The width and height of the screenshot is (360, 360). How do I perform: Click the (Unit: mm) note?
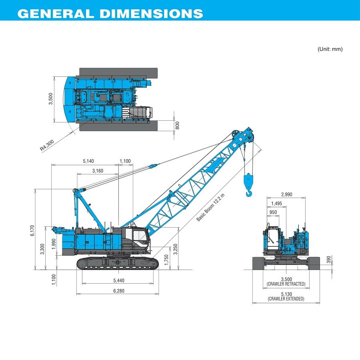(330, 49)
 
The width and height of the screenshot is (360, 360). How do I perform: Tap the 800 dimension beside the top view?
(178, 125)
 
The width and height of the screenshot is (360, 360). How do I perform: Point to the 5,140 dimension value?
(88, 161)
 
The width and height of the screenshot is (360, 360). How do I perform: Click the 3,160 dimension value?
(98, 171)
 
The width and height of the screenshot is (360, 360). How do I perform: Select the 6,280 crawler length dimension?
(118, 291)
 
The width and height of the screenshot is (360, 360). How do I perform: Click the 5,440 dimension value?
(118, 280)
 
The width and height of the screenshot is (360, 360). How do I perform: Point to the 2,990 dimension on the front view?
(286, 194)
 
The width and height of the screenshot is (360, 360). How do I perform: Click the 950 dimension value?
(273, 212)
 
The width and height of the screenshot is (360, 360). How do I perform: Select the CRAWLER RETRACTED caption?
(286, 284)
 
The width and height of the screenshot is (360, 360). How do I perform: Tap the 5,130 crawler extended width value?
(286, 294)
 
